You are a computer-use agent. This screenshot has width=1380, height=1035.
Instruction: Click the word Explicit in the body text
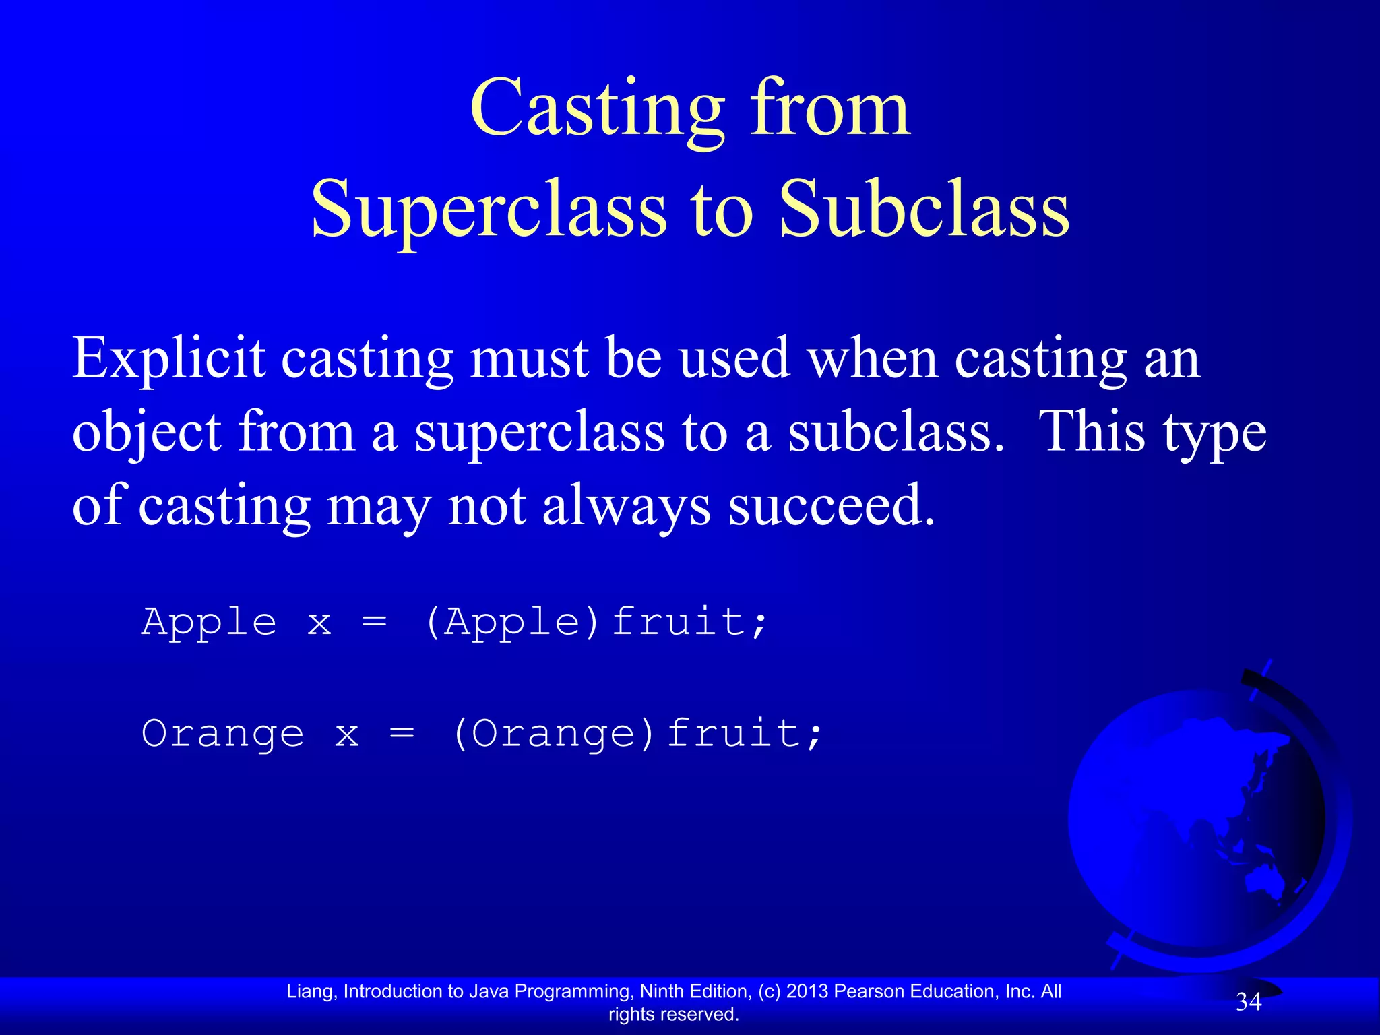168,359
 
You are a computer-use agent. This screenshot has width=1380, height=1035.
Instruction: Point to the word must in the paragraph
530,359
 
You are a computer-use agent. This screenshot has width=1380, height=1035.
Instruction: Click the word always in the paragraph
626,507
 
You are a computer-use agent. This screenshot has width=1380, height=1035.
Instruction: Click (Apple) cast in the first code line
512,621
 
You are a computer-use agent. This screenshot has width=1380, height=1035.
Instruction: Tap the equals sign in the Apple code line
375,621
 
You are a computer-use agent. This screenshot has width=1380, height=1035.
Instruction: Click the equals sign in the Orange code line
402,733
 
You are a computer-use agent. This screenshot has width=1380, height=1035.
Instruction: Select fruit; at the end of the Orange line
745,733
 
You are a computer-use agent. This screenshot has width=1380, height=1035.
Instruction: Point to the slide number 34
1248,1003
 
